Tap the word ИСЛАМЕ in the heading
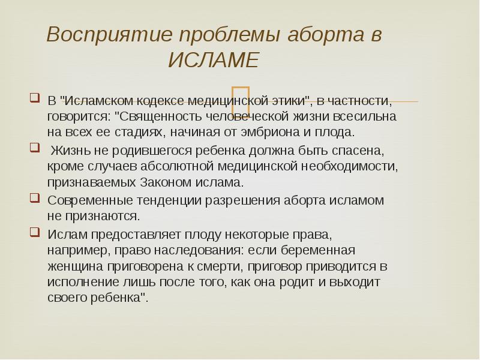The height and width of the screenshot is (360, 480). pyautogui.click(x=213, y=61)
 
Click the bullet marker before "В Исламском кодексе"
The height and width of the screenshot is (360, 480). pyautogui.click(x=35, y=97)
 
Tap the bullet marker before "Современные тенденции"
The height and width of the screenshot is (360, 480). pyautogui.click(x=35, y=197)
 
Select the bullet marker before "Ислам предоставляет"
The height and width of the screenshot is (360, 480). pyautogui.click(x=35, y=231)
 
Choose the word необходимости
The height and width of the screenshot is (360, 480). pyautogui.click(x=350, y=166)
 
